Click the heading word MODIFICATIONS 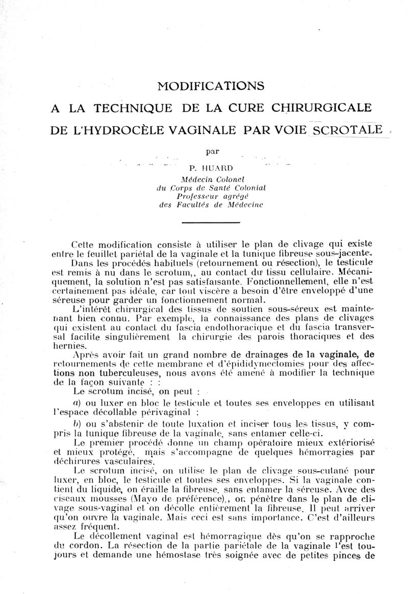(x=211, y=86)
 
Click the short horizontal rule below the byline (x=211, y=222)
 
